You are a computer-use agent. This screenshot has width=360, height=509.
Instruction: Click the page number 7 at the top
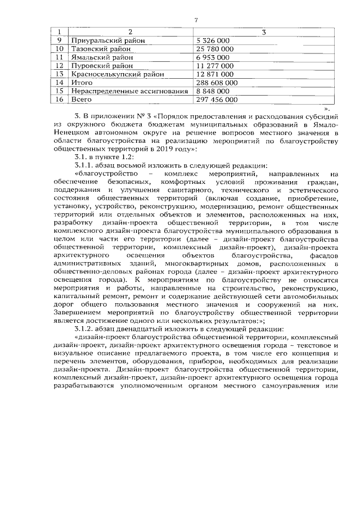[x=196, y=21]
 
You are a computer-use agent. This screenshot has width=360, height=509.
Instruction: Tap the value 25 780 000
[x=213, y=49]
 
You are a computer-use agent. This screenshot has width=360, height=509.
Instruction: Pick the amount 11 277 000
[x=213, y=65]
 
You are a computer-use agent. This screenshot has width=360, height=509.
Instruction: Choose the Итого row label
[x=82, y=82]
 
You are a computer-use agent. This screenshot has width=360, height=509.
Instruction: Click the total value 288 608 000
[x=217, y=82]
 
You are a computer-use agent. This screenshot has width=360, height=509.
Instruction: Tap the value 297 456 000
[x=217, y=99]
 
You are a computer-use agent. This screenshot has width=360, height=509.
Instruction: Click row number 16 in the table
[x=58, y=99]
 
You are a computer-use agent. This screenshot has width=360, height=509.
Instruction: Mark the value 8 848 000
[x=213, y=91]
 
